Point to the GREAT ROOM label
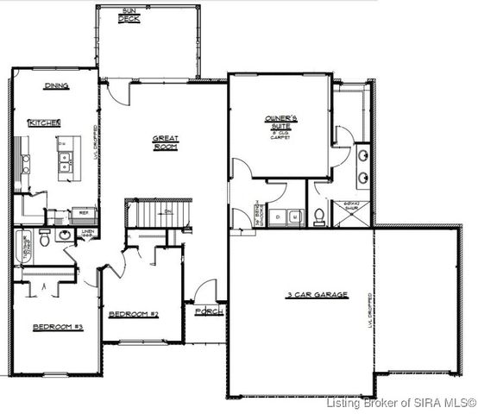164,143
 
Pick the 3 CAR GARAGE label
318,295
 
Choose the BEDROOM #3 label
57,328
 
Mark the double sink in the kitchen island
64,158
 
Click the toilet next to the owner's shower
319,216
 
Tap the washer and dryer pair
283,216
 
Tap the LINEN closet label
86,233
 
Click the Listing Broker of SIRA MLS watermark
401,403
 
